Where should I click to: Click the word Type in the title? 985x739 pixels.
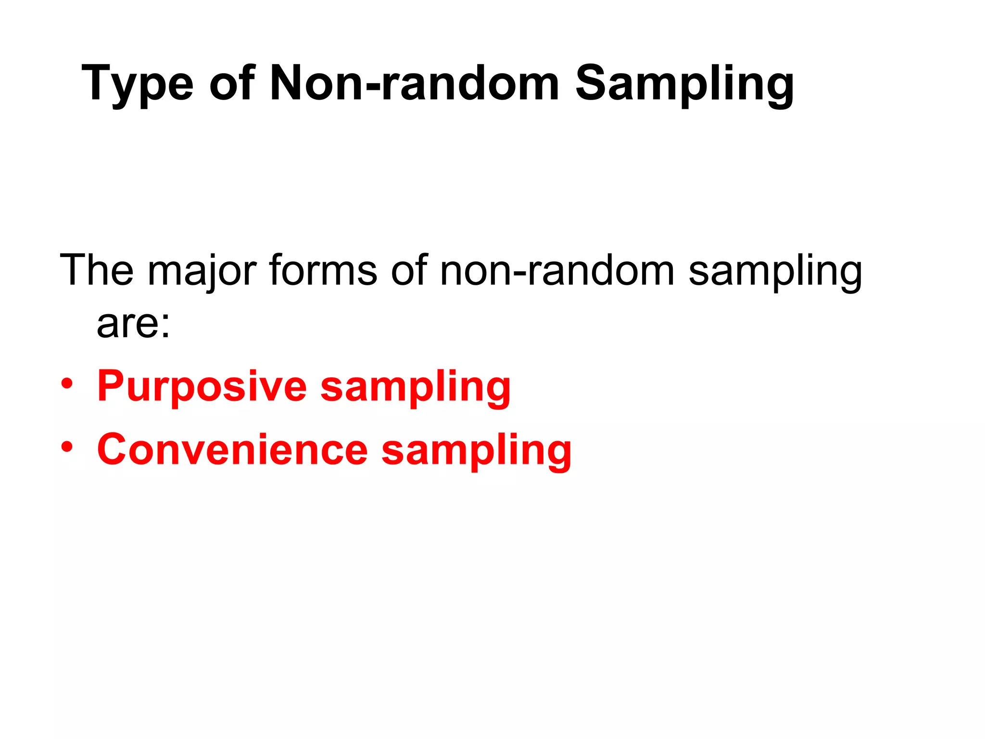(138, 85)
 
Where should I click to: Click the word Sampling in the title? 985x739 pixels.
(684, 85)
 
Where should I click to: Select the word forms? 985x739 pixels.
(323, 270)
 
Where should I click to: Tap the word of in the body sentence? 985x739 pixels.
(409, 270)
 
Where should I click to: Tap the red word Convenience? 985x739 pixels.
(232, 450)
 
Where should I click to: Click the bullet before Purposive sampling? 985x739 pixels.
(67, 384)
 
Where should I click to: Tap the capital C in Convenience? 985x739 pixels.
(113, 449)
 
